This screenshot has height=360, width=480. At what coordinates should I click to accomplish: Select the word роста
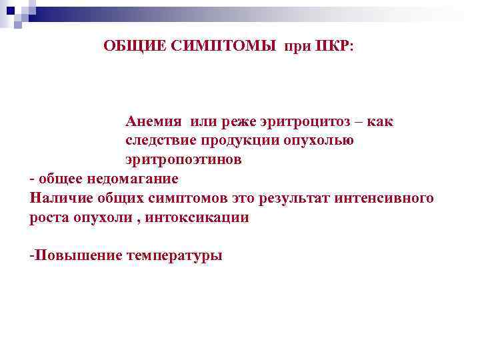coord(48,217)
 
